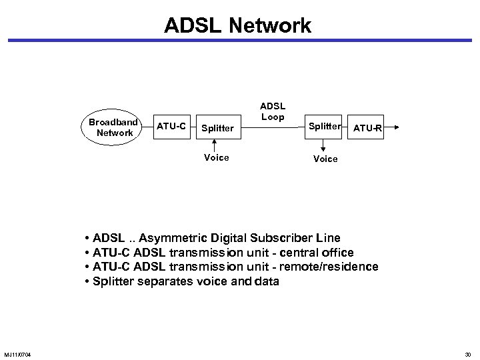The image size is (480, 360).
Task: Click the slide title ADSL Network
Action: click(237, 26)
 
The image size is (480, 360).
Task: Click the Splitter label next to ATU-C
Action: click(218, 127)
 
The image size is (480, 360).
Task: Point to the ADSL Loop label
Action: click(271, 111)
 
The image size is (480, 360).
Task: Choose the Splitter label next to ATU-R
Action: click(324, 125)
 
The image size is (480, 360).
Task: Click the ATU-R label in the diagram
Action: click(367, 127)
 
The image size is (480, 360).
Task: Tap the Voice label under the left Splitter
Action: click(215, 157)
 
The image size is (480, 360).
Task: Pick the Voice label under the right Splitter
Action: click(325, 159)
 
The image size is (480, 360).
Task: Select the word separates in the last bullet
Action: click(170, 281)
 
